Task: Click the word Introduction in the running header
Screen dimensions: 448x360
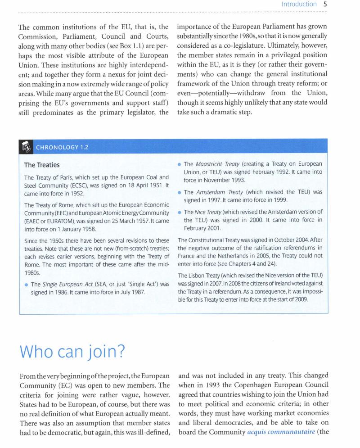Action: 299,5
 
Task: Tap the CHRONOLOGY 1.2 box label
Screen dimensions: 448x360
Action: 62,147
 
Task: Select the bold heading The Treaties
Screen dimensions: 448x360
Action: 41,165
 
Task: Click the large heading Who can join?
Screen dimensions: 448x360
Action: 72,349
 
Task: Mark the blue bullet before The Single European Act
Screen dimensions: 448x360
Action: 26,284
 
